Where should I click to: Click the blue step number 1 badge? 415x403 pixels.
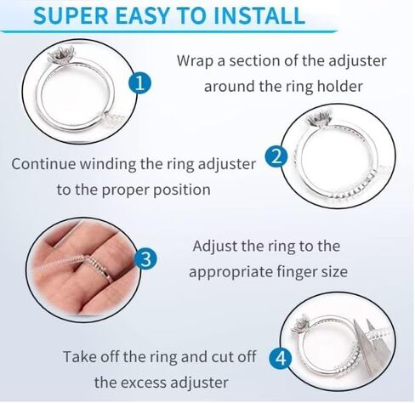coord(140,83)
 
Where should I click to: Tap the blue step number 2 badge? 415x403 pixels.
coord(276,156)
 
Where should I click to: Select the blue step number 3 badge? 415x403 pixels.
coord(145,258)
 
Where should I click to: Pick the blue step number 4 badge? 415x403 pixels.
coord(281,358)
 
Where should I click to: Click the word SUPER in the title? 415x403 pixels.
coord(71,16)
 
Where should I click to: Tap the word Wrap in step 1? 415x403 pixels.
coord(195,61)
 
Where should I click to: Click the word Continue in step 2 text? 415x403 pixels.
coord(43,164)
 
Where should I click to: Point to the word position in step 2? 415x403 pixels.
coord(182,190)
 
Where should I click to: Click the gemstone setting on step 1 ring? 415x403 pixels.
coord(61,54)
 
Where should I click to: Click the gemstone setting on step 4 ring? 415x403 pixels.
coord(301,325)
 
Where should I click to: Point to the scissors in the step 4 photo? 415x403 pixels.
coord(372,346)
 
